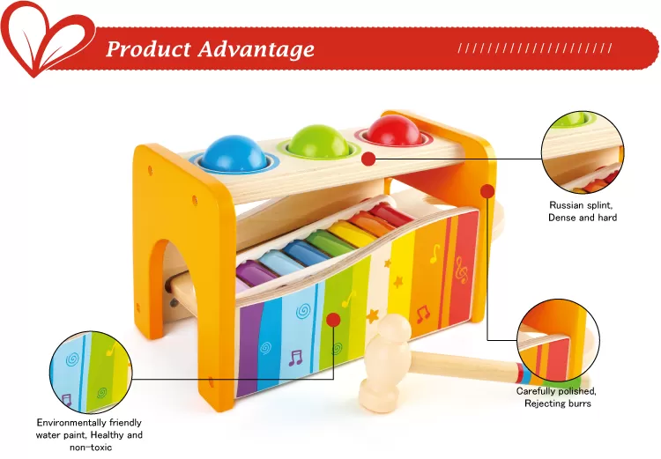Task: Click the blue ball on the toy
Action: (x=234, y=153)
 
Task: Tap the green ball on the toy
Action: (x=319, y=141)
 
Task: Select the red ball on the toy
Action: (x=394, y=130)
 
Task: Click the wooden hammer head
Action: (x=385, y=363)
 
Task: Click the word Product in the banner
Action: (x=148, y=49)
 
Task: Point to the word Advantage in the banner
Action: (x=256, y=49)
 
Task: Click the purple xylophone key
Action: (x=256, y=273)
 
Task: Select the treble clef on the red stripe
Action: (x=462, y=270)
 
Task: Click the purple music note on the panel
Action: (x=295, y=358)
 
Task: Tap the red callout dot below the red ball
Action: (x=368, y=159)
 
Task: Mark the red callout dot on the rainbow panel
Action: (x=333, y=320)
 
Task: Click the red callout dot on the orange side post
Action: (x=487, y=191)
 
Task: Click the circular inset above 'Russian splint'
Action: (x=583, y=152)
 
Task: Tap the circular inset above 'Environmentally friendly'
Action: (x=91, y=372)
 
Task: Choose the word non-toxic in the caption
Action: (x=91, y=448)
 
